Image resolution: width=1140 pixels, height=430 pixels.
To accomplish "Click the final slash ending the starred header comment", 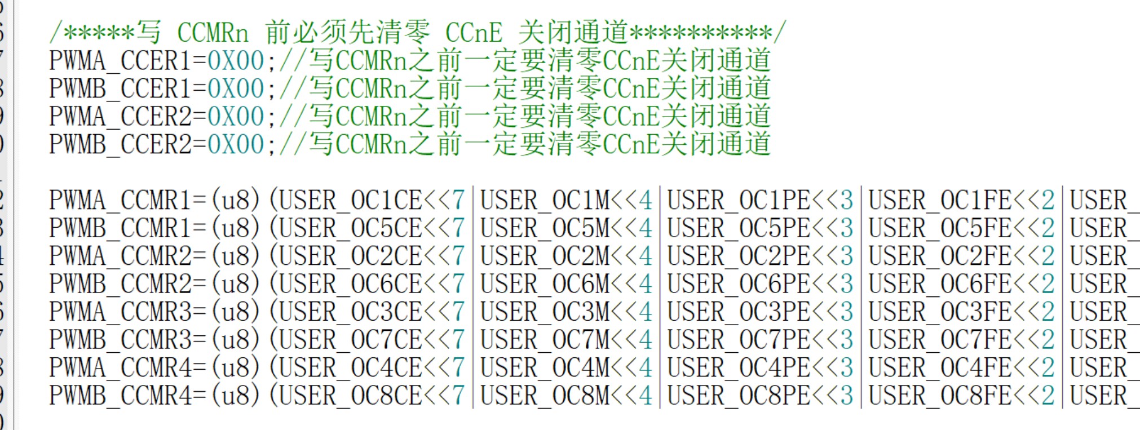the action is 779,32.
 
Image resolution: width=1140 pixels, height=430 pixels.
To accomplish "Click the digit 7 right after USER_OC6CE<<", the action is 458,284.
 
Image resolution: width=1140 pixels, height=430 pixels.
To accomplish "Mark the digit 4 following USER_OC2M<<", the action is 646,256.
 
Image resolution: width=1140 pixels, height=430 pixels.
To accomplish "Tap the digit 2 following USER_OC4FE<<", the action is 1048,368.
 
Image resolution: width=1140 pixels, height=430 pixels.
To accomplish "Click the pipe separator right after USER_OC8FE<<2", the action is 1062,396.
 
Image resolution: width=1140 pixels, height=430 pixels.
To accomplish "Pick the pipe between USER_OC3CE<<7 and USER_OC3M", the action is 472,312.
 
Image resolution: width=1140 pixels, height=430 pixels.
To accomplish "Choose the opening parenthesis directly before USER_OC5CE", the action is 274,229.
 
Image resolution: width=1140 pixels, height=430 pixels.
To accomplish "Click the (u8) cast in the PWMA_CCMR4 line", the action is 236,368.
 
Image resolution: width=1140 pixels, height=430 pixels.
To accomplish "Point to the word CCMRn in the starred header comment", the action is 213,33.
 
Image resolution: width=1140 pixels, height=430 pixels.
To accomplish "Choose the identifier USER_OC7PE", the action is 739,340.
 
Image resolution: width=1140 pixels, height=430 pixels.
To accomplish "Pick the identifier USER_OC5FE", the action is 940,229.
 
